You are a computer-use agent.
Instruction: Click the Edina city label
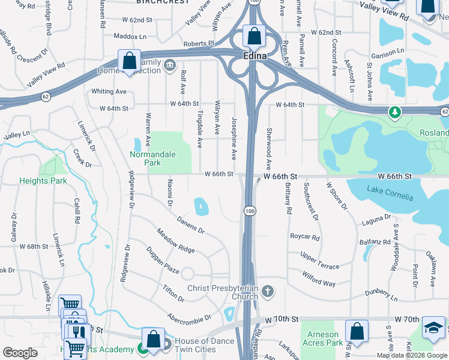coord(255,55)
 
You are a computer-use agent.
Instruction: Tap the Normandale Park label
coord(153,158)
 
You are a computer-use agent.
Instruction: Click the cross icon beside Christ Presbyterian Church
coord(268,292)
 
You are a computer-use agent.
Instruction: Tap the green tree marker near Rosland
coord(394,112)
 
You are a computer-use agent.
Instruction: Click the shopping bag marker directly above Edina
coord(255,35)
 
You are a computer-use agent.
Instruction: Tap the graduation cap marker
coord(433,327)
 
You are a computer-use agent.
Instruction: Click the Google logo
coord(20,352)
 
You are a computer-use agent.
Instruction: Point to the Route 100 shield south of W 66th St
coord(249,211)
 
